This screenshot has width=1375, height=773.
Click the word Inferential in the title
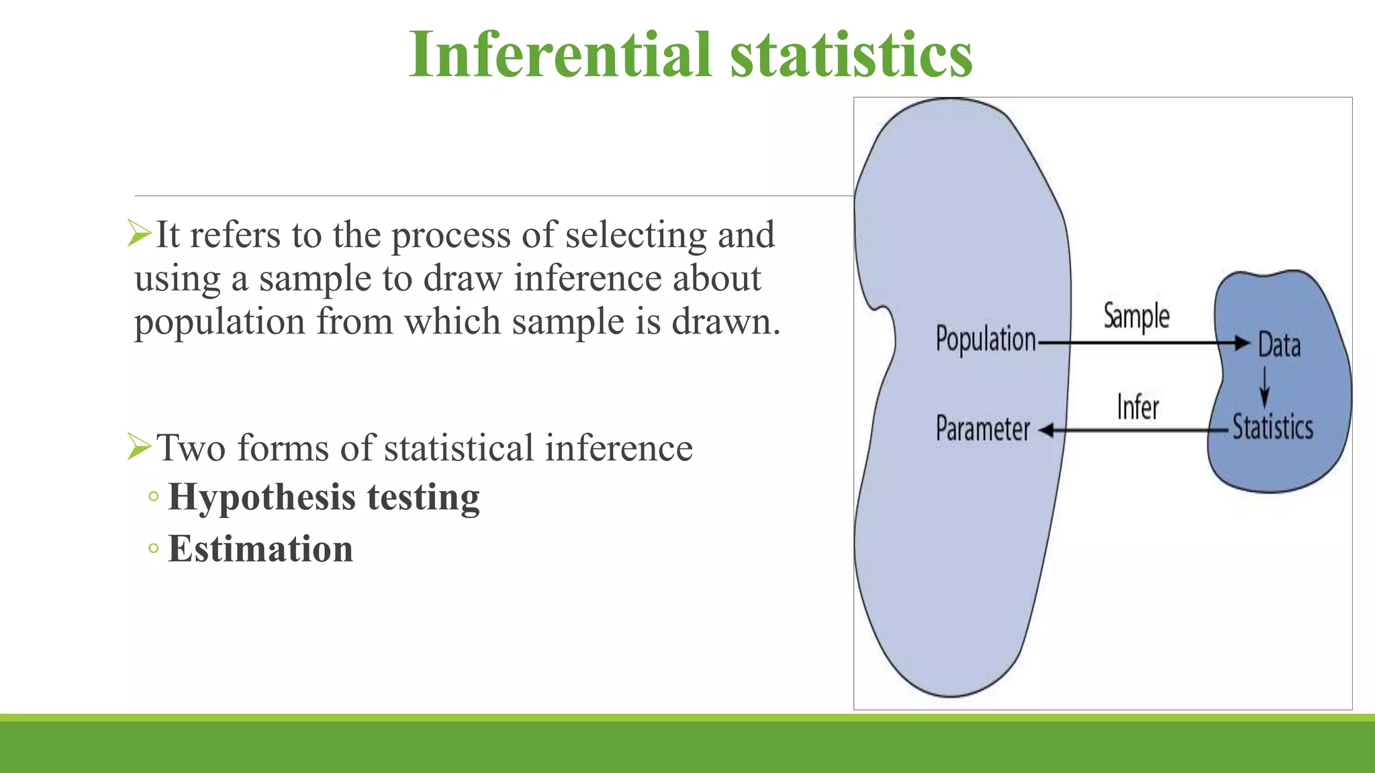click(x=559, y=55)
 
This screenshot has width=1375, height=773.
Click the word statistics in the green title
click(x=851, y=55)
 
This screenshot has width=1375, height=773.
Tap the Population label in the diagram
click(x=985, y=340)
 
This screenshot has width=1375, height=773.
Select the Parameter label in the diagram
click(x=982, y=429)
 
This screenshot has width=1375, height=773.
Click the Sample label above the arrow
click(x=1136, y=316)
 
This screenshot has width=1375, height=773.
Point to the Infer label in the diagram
click(x=1137, y=407)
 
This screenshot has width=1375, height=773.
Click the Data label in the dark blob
click(x=1278, y=346)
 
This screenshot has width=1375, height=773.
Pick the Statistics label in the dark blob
click(x=1272, y=427)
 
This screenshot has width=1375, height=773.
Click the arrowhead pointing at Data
click(x=1243, y=344)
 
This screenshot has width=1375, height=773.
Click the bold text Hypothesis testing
click(x=324, y=497)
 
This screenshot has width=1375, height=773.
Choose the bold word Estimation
click(x=260, y=549)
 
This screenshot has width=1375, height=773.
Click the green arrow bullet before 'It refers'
click(x=139, y=234)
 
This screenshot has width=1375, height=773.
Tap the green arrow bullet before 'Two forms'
click(x=139, y=446)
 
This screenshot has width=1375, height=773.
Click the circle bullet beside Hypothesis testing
click(x=154, y=497)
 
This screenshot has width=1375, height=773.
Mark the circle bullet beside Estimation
click(x=154, y=549)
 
